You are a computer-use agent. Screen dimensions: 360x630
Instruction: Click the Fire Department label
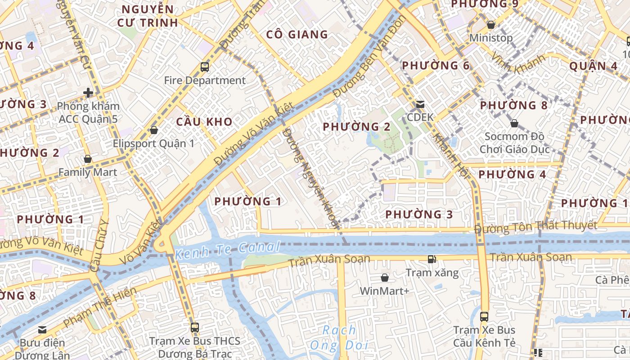coord(205,81)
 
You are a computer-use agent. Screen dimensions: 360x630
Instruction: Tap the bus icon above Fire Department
coord(205,67)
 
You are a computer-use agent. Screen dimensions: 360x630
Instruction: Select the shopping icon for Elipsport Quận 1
coord(154,130)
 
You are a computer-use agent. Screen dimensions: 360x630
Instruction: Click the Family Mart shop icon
coord(88,159)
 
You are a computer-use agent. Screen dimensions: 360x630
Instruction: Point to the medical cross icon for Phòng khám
coord(88,93)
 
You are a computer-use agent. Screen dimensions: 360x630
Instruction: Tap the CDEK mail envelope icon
coord(420,104)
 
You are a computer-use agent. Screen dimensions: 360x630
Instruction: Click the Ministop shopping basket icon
coord(491,24)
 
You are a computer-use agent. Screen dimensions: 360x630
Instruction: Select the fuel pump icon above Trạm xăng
coord(432,259)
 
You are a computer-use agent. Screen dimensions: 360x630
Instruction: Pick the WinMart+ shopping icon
coord(385,278)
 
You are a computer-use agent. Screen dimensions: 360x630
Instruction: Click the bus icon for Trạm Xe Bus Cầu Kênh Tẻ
coord(484,316)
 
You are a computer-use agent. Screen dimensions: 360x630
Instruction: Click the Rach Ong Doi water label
coord(339,337)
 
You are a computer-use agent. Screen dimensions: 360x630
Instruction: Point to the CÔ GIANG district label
coord(297,35)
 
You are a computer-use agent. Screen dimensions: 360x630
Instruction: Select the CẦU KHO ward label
coord(204,121)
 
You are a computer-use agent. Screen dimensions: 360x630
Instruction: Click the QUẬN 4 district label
coord(594,66)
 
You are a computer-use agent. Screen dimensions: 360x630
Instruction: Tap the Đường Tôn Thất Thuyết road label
coord(535,227)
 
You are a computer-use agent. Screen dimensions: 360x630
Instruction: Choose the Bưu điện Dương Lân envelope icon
coord(42,329)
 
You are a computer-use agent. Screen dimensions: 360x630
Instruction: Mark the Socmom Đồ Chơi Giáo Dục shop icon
coord(514,123)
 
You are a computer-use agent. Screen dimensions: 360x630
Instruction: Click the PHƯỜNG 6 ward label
coord(436,66)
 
